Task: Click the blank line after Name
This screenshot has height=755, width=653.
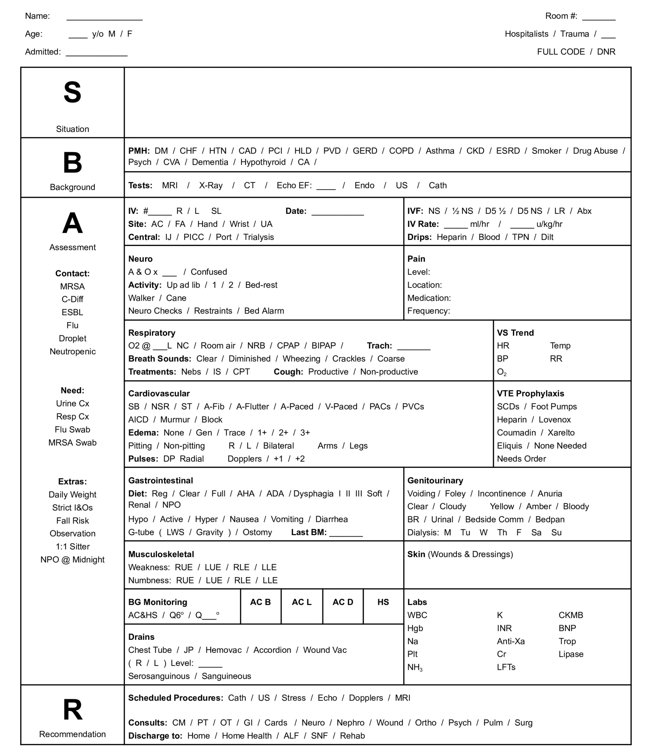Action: point(104,17)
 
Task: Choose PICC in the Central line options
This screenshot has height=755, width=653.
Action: point(194,237)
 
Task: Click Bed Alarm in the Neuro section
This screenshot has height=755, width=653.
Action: point(264,311)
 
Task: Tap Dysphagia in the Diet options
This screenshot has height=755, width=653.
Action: point(313,494)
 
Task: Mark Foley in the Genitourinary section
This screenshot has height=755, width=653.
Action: point(455,494)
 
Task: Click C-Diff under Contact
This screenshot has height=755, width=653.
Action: point(72,299)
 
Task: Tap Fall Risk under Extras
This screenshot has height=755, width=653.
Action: point(72,521)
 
